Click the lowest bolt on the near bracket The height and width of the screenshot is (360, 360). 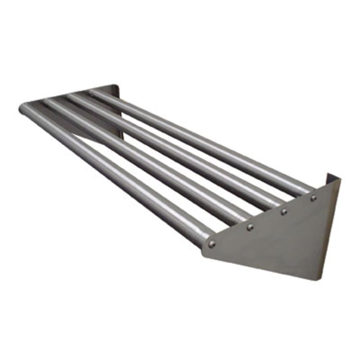(212, 244)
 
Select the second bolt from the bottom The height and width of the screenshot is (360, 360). (250, 227)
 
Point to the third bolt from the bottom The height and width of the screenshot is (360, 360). (284, 211)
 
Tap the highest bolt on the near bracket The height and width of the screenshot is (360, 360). (314, 197)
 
